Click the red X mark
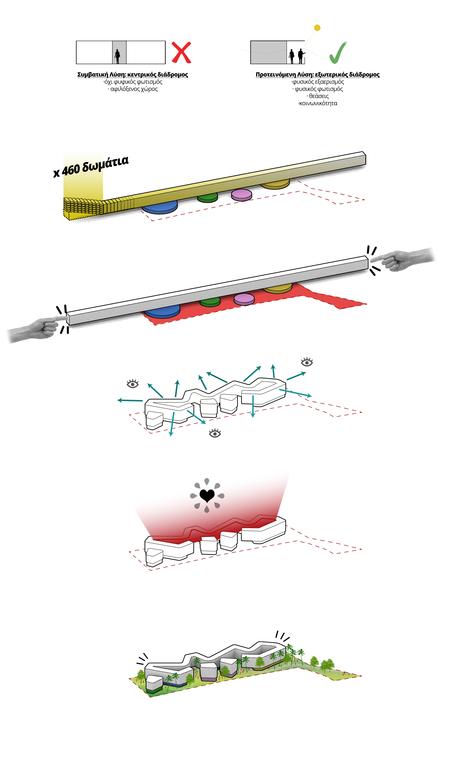[181, 52]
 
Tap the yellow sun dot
[317, 28]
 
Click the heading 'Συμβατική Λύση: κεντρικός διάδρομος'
[132, 74]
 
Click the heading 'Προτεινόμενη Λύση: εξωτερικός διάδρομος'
[317, 74]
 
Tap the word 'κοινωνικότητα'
[318, 103]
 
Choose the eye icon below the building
[215, 433]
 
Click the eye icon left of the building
[133, 384]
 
